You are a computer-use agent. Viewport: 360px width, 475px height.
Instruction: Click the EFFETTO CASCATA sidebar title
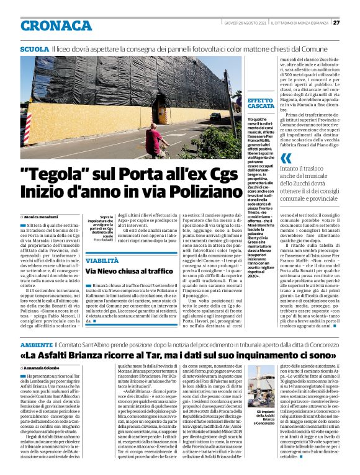[x=261, y=104]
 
